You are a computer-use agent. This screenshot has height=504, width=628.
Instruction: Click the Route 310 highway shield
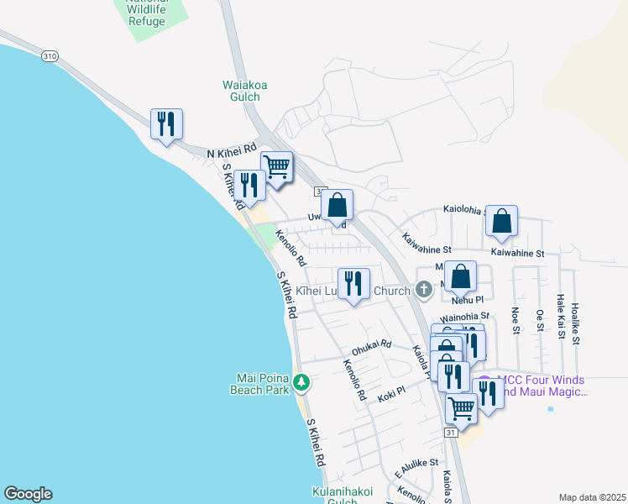[x=50, y=55]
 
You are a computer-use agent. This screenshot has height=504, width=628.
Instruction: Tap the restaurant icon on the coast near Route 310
[x=166, y=123]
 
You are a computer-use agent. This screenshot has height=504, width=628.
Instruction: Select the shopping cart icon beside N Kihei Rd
[x=276, y=165]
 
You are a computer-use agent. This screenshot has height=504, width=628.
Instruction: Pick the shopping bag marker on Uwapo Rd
[x=337, y=204]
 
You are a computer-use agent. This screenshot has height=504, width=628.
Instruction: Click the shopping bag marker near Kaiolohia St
[x=501, y=221]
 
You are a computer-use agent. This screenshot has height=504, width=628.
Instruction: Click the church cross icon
[x=424, y=291]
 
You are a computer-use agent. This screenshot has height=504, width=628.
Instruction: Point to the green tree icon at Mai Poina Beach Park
[x=301, y=383]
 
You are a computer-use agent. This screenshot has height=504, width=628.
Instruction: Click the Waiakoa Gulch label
[x=241, y=91]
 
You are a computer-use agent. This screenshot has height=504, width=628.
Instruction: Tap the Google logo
[x=28, y=494]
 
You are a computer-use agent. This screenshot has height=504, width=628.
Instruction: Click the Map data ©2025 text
[x=593, y=497]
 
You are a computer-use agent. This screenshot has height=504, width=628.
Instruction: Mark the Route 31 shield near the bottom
[x=451, y=432]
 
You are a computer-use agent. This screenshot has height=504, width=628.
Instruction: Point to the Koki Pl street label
[x=391, y=391]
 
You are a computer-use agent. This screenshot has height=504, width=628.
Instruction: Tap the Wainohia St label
[x=465, y=318]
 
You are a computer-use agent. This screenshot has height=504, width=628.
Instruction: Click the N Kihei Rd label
[x=231, y=152]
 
